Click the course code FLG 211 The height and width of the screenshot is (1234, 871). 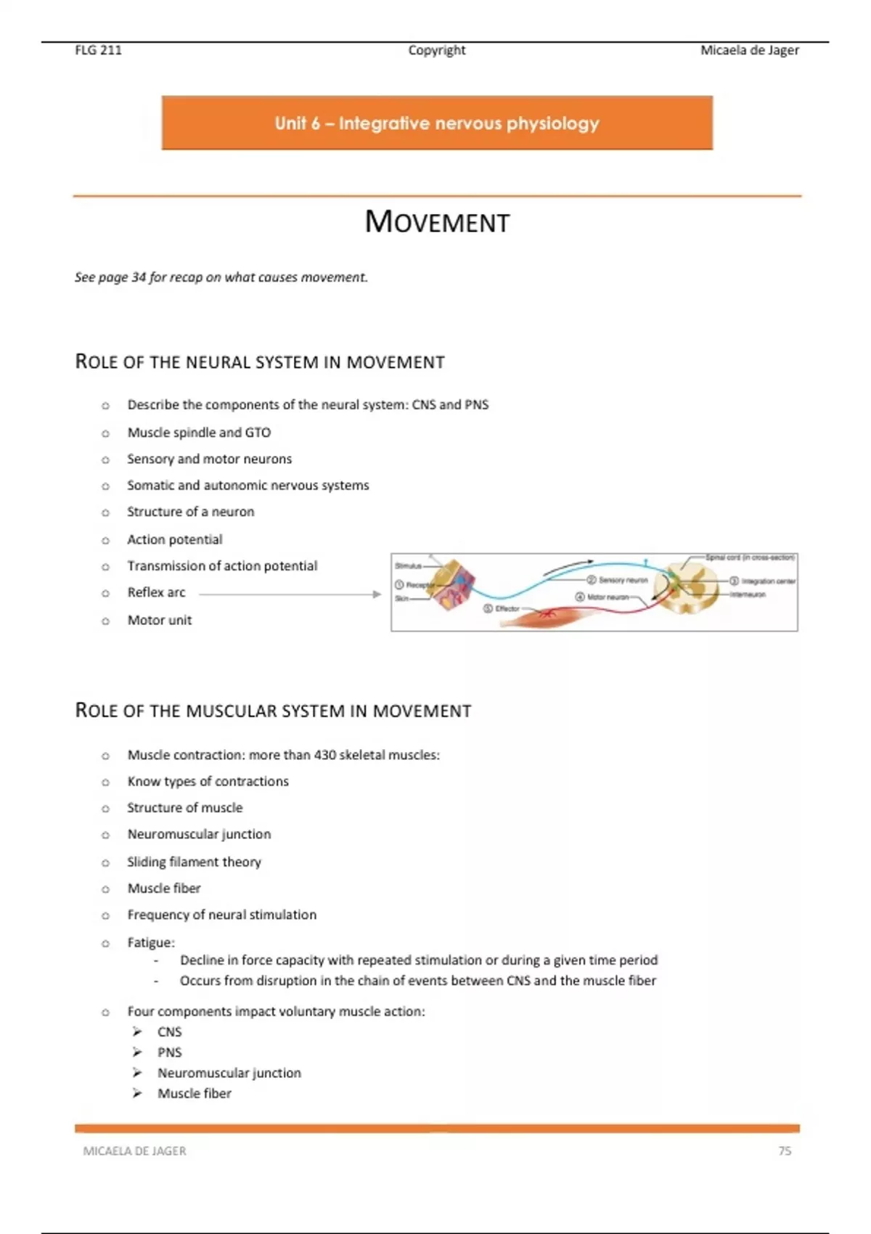pos(98,50)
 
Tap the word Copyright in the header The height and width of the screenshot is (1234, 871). pos(436,50)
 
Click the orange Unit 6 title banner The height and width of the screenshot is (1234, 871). pos(437,123)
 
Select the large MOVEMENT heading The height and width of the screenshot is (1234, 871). pos(437,222)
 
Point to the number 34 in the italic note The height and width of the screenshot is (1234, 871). pos(139,277)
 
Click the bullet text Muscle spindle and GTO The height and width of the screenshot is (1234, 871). pos(199,433)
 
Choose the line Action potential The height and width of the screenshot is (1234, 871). pos(175,539)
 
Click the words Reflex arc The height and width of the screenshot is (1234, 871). pos(156,592)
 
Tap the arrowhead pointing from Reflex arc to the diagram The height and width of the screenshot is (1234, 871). pos(376,594)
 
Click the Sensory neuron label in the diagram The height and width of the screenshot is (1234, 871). pos(623,580)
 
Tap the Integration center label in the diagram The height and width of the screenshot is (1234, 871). pos(768,581)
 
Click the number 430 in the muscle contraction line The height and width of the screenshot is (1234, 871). pos(324,755)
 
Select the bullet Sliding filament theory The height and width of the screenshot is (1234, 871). pos(194,862)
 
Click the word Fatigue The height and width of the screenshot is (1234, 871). pos(150,942)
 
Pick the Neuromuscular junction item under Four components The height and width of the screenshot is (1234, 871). pos(229,1073)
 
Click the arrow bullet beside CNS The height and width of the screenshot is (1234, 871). pos(137,1031)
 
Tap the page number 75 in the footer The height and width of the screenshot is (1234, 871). pos(785,1151)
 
